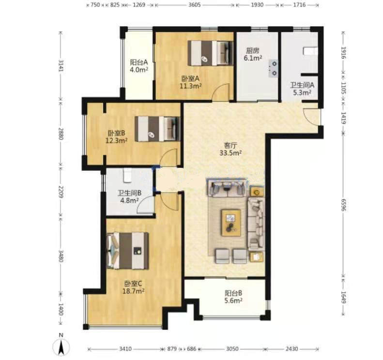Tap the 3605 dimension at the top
pyautogui.click(x=195, y=5)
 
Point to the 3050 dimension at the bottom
pyautogui.click(x=232, y=349)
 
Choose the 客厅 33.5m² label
pyautogui.click(x=230, y=150)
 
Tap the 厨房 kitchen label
pyautogui.click(x=253, y=51)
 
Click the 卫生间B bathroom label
pyautogui.click(x=130, y=193)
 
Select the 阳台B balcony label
pyautogui.click(x=233, y=293)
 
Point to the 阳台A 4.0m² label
pyautogui.click(x=139, y=66)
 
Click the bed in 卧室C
pyautogui.click(x=128, y=251)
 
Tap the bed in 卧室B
pyautogui.click(x=157, y=129)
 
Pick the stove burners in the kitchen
pyautogui.click(x=273, y=68)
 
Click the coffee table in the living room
pyautogui.click(x=231, y=223)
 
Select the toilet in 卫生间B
pyautogui.click(x=127, y=176)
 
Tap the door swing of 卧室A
pyautogui.click(x=221, y=92)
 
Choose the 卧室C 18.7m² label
pyautogui.click(x=134, y=287)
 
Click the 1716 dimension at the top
pyautogui.click(x=299, y=5)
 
